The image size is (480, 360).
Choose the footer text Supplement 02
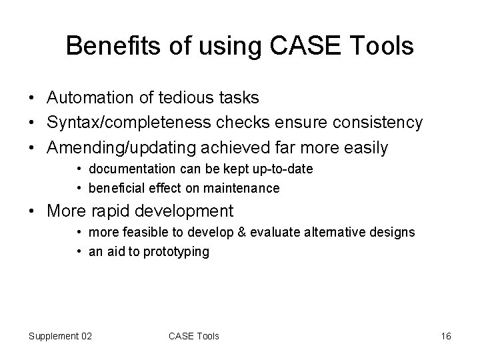click(x=61, y=335)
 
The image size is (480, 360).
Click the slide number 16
click(x=446, y=335)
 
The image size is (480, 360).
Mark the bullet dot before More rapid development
click(x=33, y=212)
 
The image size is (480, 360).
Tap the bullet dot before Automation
click(x=33, y=98)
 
